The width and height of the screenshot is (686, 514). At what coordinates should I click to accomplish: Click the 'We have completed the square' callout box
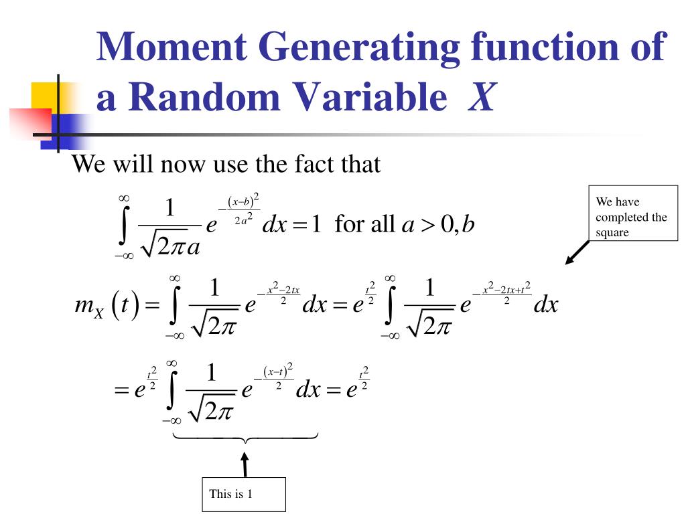pyautogui.click(x=633, y=213)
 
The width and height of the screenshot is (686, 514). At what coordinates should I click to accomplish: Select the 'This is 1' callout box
pyautogui.click(x=244, y=495)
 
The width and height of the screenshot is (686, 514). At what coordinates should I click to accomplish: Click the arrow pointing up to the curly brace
pyautogui.click(x=245, y=464)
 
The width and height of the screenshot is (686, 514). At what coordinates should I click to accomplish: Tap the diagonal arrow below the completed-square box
pyautogui.click(x=577, y=252)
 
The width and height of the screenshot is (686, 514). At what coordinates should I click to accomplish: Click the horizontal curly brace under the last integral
pyautogui.click(x=245, y=438)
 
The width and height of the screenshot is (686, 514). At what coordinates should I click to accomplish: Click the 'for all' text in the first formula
pyautogui.click(x=364, y=224)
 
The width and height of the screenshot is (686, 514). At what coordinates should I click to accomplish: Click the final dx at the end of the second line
pyautogui.click(x=545, y=305)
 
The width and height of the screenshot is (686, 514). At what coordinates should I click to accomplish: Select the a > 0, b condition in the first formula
pyautogui.click(x=437, y=224)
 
